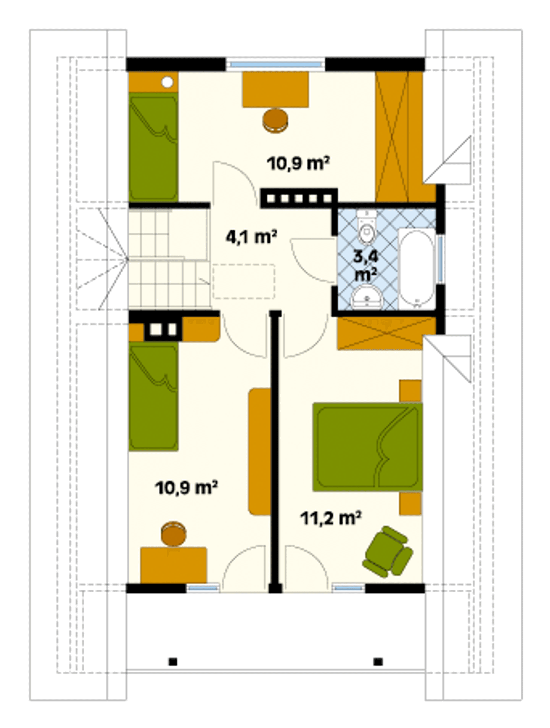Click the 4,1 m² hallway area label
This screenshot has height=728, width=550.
pos(251,237)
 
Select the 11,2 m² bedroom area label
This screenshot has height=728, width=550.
pos(330,518)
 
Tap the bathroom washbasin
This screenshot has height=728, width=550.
pos(367,298)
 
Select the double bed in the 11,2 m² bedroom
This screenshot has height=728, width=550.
pos(367,447)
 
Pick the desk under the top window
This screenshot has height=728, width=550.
pos(275,89)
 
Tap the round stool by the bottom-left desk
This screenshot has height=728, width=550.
pos(174,534)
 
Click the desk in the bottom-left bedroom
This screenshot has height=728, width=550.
pos(174,565)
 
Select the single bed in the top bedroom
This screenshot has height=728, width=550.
pos(153,147)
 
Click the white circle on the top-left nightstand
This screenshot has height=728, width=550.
pos(167,82)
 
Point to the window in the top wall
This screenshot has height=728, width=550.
pos(275,64)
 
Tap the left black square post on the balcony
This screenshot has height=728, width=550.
pos(173,662)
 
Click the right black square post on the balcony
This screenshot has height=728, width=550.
pos(378,662)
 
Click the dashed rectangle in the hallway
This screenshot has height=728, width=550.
pos(244,281)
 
